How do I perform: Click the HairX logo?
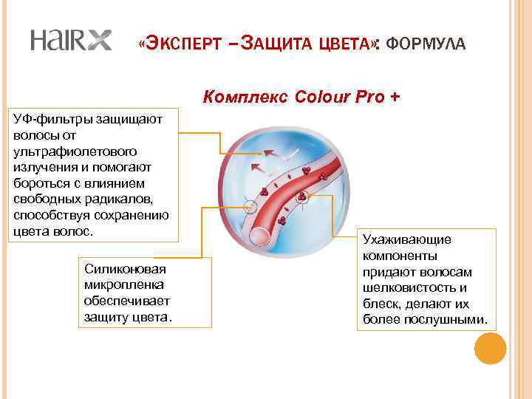tap(70, 41)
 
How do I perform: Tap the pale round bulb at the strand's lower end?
tap(262, 237)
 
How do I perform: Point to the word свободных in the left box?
tap(46, 199)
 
